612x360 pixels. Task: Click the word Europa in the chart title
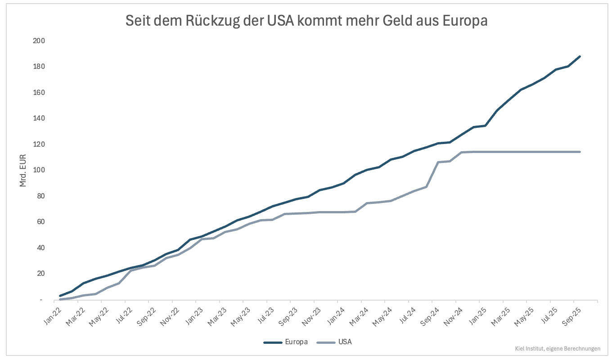click(465, 21)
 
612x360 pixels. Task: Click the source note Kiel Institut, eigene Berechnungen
click(558, 348)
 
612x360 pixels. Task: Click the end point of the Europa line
click(580, 56)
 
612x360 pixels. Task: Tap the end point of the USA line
click(580, 152)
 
